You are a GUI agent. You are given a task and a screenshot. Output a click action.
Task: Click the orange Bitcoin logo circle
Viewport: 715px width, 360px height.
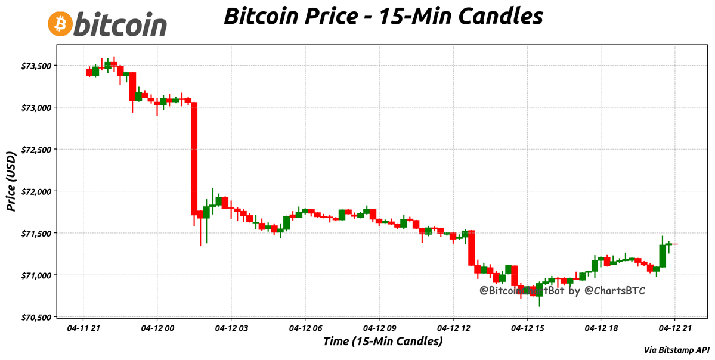pos(60,23)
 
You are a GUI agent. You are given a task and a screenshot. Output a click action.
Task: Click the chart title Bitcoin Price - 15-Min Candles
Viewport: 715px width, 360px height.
pos(383,16)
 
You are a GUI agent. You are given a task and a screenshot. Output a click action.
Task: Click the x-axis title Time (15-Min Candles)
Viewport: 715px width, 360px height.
pos(382,342)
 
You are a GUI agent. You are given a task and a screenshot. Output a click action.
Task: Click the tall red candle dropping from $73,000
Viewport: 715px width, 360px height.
pos(194,158)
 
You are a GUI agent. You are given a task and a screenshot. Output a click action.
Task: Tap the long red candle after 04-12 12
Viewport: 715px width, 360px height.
pos(471,247)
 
